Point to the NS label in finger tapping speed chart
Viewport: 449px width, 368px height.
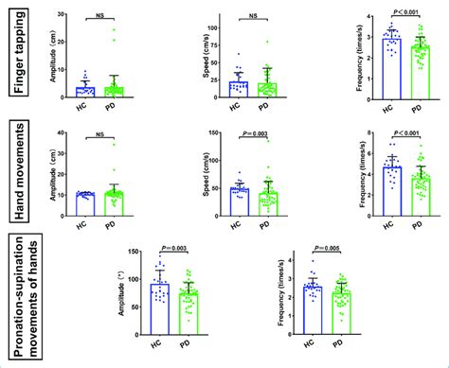[x=253, y=15]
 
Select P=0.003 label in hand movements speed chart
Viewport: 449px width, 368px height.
[x=253, y=134]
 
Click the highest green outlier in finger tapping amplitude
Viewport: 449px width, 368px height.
[x=116, y=30]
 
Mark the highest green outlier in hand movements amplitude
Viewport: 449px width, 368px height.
[x=116, y=144]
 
